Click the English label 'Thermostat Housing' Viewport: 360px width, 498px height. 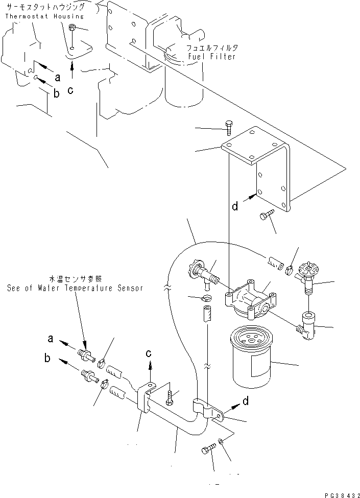(x=44, y=16)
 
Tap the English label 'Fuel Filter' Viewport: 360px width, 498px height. (x=211, y=56)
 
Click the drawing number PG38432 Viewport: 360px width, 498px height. (x=342, y=494)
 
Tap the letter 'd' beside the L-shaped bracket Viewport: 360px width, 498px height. (x=235, y=206)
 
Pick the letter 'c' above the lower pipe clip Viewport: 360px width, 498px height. (x=149, y=353)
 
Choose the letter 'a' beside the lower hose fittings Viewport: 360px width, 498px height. (x=51, y=338)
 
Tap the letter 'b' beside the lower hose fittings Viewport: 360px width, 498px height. (x=47, y=359)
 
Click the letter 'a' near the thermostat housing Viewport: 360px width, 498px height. (x=57, y=78)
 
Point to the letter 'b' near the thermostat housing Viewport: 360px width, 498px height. (x=57, y=92)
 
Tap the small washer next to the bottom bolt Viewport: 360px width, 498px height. (x=220, y=441)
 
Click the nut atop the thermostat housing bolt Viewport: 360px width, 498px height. (x=73, y=27)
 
